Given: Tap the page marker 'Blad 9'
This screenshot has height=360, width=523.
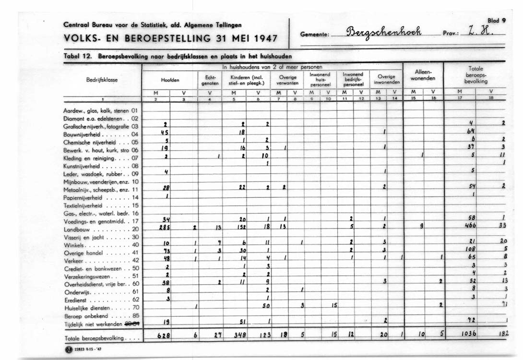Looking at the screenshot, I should [x=497, y=21].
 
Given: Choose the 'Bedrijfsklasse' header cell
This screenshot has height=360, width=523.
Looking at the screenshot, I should [x=102, y=80].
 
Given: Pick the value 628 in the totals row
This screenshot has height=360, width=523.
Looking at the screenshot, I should [x=164, y=335].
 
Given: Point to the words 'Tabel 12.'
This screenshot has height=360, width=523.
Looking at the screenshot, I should [x=77, y=56].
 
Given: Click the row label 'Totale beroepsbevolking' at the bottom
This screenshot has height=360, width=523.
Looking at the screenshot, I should [x=94, y=338].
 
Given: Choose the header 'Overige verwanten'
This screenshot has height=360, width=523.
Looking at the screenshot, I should [x=288, y=80].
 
